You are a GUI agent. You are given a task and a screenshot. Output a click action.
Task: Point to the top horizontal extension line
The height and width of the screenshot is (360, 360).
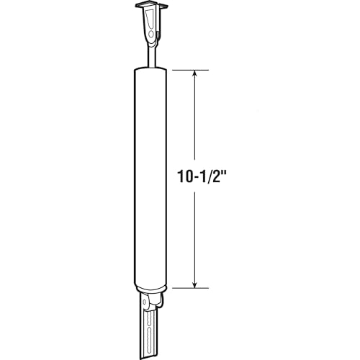click(x=191, y=70)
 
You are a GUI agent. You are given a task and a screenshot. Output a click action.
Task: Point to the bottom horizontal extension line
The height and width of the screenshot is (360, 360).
click(x=191, y=288)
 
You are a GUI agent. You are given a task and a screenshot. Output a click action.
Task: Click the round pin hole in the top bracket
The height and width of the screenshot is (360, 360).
click(x=151, y=35)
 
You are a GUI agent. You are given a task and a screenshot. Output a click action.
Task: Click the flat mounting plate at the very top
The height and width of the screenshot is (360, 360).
click(x=150, y=6)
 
